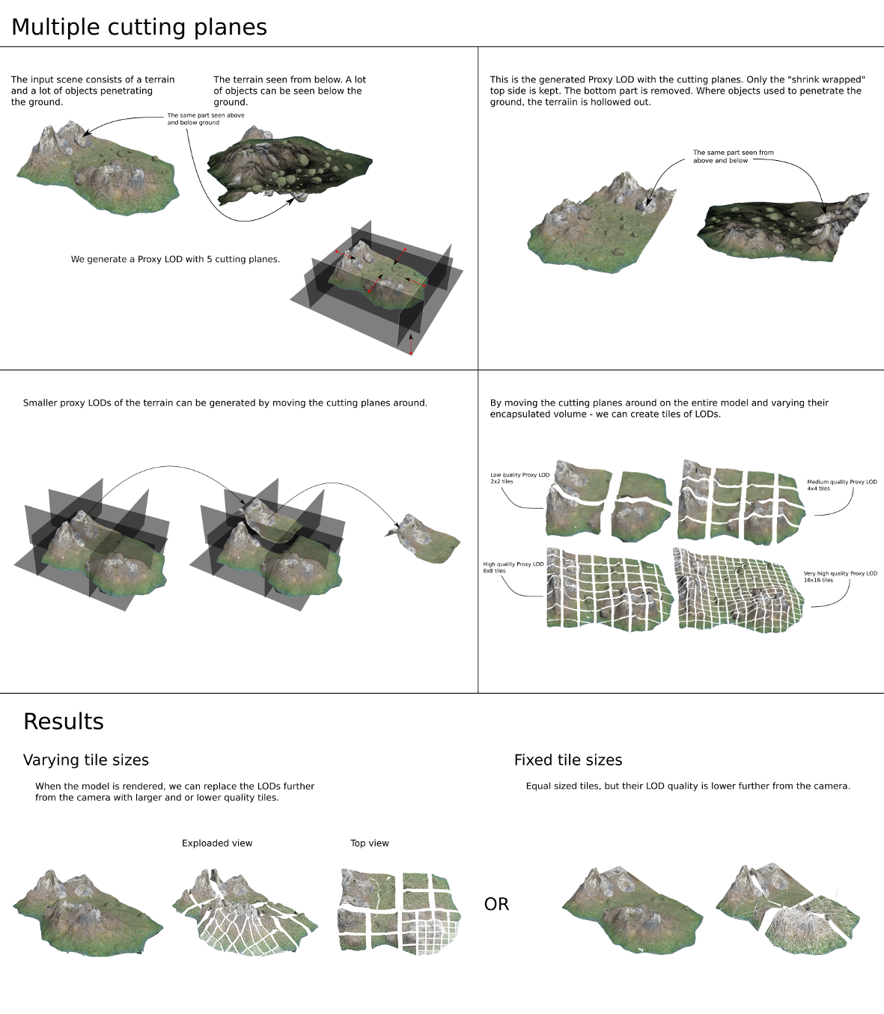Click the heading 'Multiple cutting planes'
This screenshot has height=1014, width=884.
(x=139, y=27)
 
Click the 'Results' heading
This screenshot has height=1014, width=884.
(x=64, y=721)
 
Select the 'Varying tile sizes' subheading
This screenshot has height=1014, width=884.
(x=86, y=760)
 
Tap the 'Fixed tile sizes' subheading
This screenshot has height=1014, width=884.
(x=568, y=760)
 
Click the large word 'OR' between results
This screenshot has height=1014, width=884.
(x=496, y=905)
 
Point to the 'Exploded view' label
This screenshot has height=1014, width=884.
(x=217, y=843)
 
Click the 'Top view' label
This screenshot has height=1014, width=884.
(x=370, y=843)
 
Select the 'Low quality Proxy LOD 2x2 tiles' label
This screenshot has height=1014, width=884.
(x=519, y=478)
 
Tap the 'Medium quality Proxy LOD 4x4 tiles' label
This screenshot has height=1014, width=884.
(x=842, y=485)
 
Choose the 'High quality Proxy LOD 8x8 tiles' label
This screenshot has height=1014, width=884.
(x=513, y=567)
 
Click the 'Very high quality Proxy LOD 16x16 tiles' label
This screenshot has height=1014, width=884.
(x=841, y=577)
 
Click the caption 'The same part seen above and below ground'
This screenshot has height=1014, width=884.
(x=206, y=119)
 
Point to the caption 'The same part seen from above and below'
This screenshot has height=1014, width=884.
(x=734, y=156)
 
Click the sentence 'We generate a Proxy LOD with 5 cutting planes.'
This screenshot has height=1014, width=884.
(x=175, y=259)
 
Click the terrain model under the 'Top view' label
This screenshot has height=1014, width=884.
(x=400, y=912)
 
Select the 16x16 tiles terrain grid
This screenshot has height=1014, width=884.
(x=738, y=590)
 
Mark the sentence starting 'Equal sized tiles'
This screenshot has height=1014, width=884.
(x=688, y=787)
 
